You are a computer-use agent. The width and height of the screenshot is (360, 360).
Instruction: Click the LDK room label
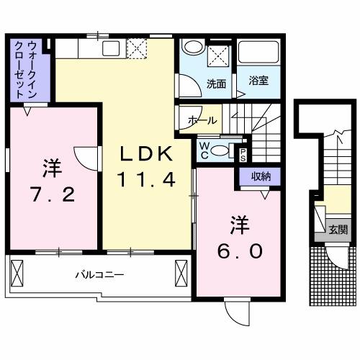click(x=146, y=153)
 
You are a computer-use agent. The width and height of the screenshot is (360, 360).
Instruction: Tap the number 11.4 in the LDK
click(x=147, y=180)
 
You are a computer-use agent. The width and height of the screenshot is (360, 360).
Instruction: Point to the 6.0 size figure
click(x=240, y=252)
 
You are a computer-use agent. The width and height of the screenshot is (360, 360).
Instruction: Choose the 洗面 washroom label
click(x=216, y=83)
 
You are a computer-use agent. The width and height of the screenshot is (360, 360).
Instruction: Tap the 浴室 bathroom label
click(x=259, y=81)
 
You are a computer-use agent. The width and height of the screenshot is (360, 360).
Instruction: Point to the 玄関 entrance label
click(x=338, y=230)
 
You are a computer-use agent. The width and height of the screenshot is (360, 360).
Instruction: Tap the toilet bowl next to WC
click(x=224, y=150)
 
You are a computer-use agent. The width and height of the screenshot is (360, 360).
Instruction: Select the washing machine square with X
click(x=218, y=55)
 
